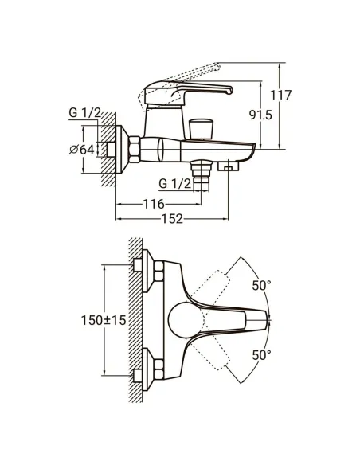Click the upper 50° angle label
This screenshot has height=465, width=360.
pyautogui.click(x=262, y=285)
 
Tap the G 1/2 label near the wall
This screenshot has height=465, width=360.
pyautogui.click(x=84, y=114)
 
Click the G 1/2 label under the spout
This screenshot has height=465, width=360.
pyautogui.click(x=175, y=185)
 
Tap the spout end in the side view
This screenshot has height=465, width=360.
pyautogui.click(x=249, y=151)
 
